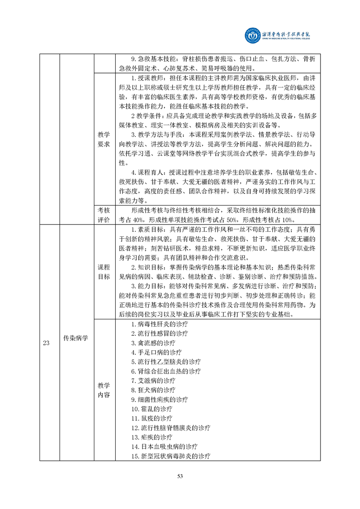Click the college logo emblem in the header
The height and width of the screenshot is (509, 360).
(x=254, y=35)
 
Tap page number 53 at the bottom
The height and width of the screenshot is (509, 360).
(x=180, y=476)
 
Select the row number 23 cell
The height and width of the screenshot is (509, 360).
(x=46, y=343)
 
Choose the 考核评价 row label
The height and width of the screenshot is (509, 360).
(x=104, y=215)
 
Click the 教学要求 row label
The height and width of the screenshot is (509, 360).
(x=104, y=139)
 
